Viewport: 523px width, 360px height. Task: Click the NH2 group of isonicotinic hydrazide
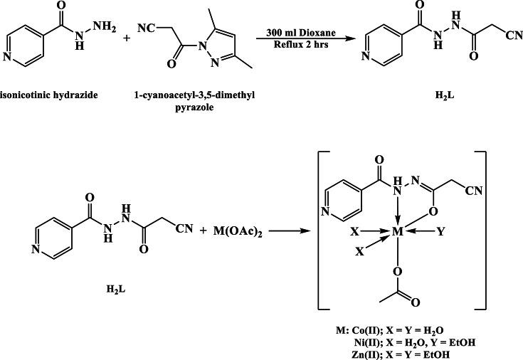102,28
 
